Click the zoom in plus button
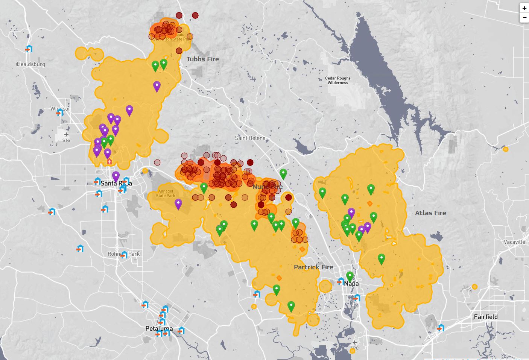tap(524, 8)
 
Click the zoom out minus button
tap(524, 18)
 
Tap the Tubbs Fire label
tap(202, 59)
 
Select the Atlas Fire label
tap(430, 213)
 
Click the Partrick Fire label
tap(313, 267)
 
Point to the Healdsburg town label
tap(31, 64)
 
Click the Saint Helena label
tap(250, 138)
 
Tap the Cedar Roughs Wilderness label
tap(338, 81)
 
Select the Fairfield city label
tap(485, 317)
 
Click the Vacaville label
tap(514, 242)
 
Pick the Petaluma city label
tap(159, 328)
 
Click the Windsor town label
tap(60, 109)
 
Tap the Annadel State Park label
tap(166, 193)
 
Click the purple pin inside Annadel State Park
tap(178, 204)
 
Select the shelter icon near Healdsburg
tap(29, 49)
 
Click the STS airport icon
tap(67, 135)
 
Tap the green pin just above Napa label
tap(350, 276)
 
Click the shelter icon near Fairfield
tap(440, 328)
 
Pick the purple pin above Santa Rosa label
tap(116, 176)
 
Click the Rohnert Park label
tap(123, 254)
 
